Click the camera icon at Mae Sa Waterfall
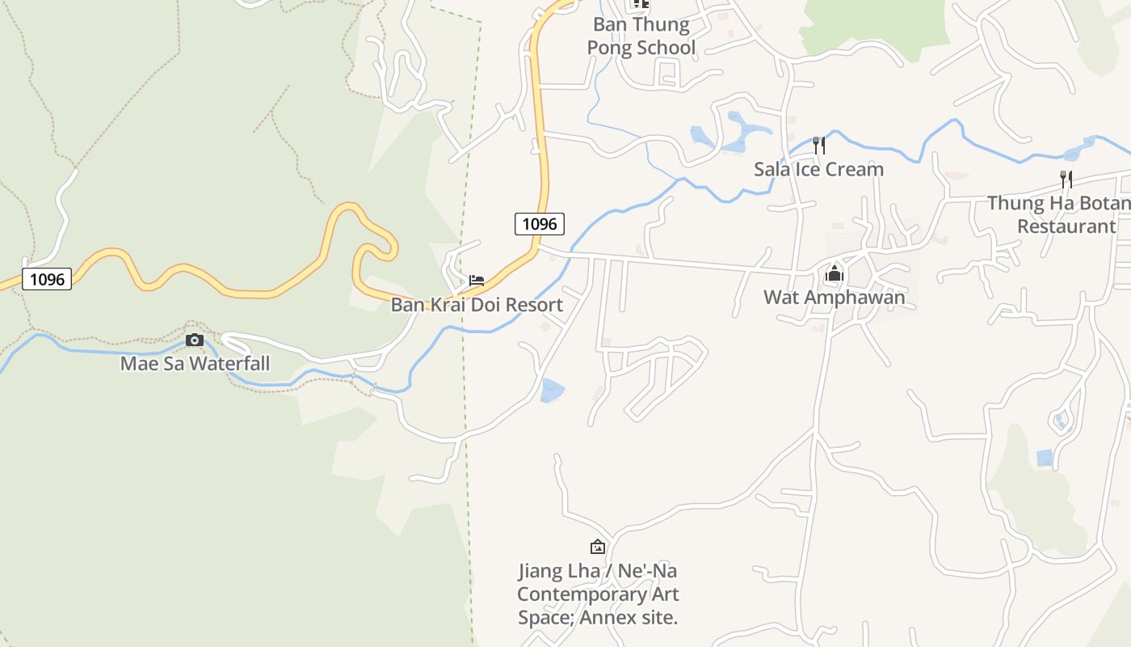tap(194, 340)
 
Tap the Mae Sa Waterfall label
tap(195, 364)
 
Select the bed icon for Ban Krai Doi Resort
tap(477, 281)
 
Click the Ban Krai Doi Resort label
tap(477, 305)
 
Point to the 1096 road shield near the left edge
tap(47, 280)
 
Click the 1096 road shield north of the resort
tap(539, 224)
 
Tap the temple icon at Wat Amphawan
tap(834, 274)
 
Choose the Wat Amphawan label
tap(834, 298)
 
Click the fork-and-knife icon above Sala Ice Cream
tap(818, 146)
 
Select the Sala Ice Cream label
tap(818, 170)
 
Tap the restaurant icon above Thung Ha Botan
tap(1066, 180)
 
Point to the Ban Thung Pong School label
tap(641, 36)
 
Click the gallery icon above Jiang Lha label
tap(597, 548)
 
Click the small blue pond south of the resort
tap(552, 391)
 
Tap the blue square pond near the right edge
tap(1045, 458)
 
